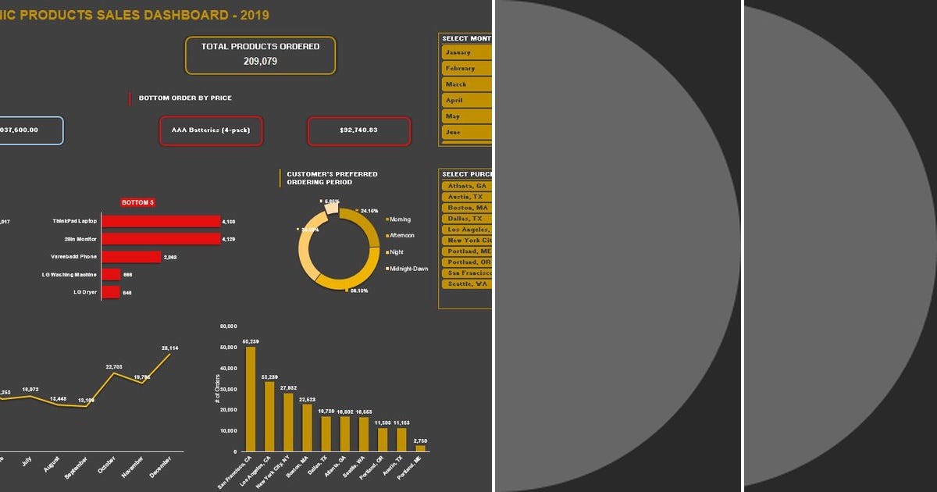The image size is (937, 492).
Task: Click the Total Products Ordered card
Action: (x=260, y=55)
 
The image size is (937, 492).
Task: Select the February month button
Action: (x=466, y=68)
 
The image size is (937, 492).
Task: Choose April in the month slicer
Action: (x=466, y=100)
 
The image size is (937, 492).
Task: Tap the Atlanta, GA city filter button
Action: (x=466, y=187)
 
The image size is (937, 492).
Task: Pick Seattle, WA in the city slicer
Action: (x=466, y=284)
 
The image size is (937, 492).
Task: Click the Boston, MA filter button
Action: (x=466, y=208)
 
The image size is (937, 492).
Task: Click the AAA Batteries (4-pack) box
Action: (x=210, y=130)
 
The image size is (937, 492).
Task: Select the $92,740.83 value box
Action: (x=358, y=130)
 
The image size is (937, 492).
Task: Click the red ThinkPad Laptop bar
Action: (x=161, y=222)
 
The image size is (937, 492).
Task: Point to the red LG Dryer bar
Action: (x=110, y=292)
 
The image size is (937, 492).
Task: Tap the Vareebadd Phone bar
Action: (x=131, y=257)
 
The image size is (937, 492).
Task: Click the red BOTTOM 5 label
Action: (x=138, y=202)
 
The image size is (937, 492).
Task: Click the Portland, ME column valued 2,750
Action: (x=420, y=448)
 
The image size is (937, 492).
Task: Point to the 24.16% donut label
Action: (x=369, y=211)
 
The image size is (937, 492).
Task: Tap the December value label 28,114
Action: (x=169, y=348)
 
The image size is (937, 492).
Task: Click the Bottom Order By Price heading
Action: (x=184, y=98)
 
